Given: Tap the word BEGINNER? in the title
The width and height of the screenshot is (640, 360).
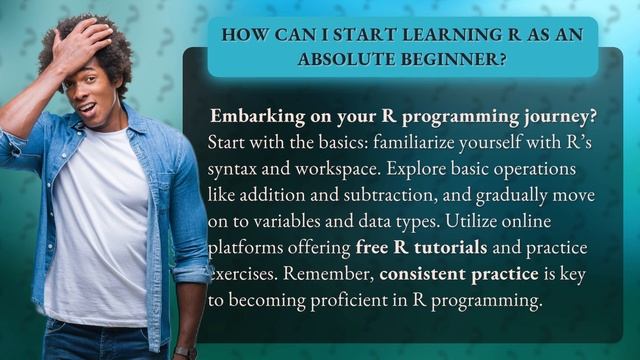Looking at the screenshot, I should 447,59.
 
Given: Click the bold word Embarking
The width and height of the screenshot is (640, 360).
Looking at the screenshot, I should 258,113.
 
